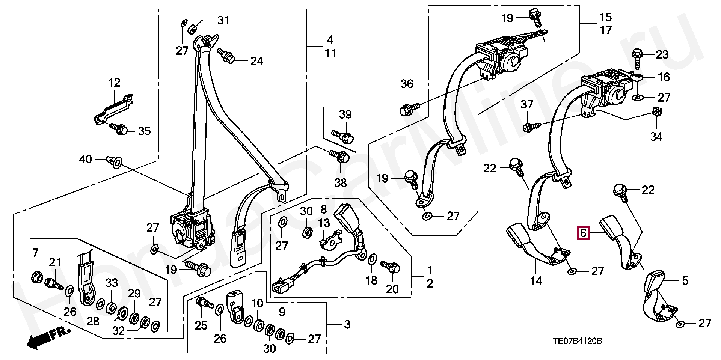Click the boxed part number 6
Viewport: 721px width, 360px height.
coord(583,233)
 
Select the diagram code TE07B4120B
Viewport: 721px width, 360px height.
coord(577,341)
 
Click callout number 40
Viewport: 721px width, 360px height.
coord(85,159)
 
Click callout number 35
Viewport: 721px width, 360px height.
coord(144,131)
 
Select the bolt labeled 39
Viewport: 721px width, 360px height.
coord(342,136)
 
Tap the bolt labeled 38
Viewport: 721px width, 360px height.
coord(339,157)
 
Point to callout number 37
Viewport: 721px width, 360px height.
coord(527,104)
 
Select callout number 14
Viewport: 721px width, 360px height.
coord(536,281)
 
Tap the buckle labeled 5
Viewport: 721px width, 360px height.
coord(657,297)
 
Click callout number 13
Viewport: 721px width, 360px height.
coord(324,223)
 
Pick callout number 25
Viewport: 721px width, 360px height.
coord(201,325)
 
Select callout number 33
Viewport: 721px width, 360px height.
coord(112,283)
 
